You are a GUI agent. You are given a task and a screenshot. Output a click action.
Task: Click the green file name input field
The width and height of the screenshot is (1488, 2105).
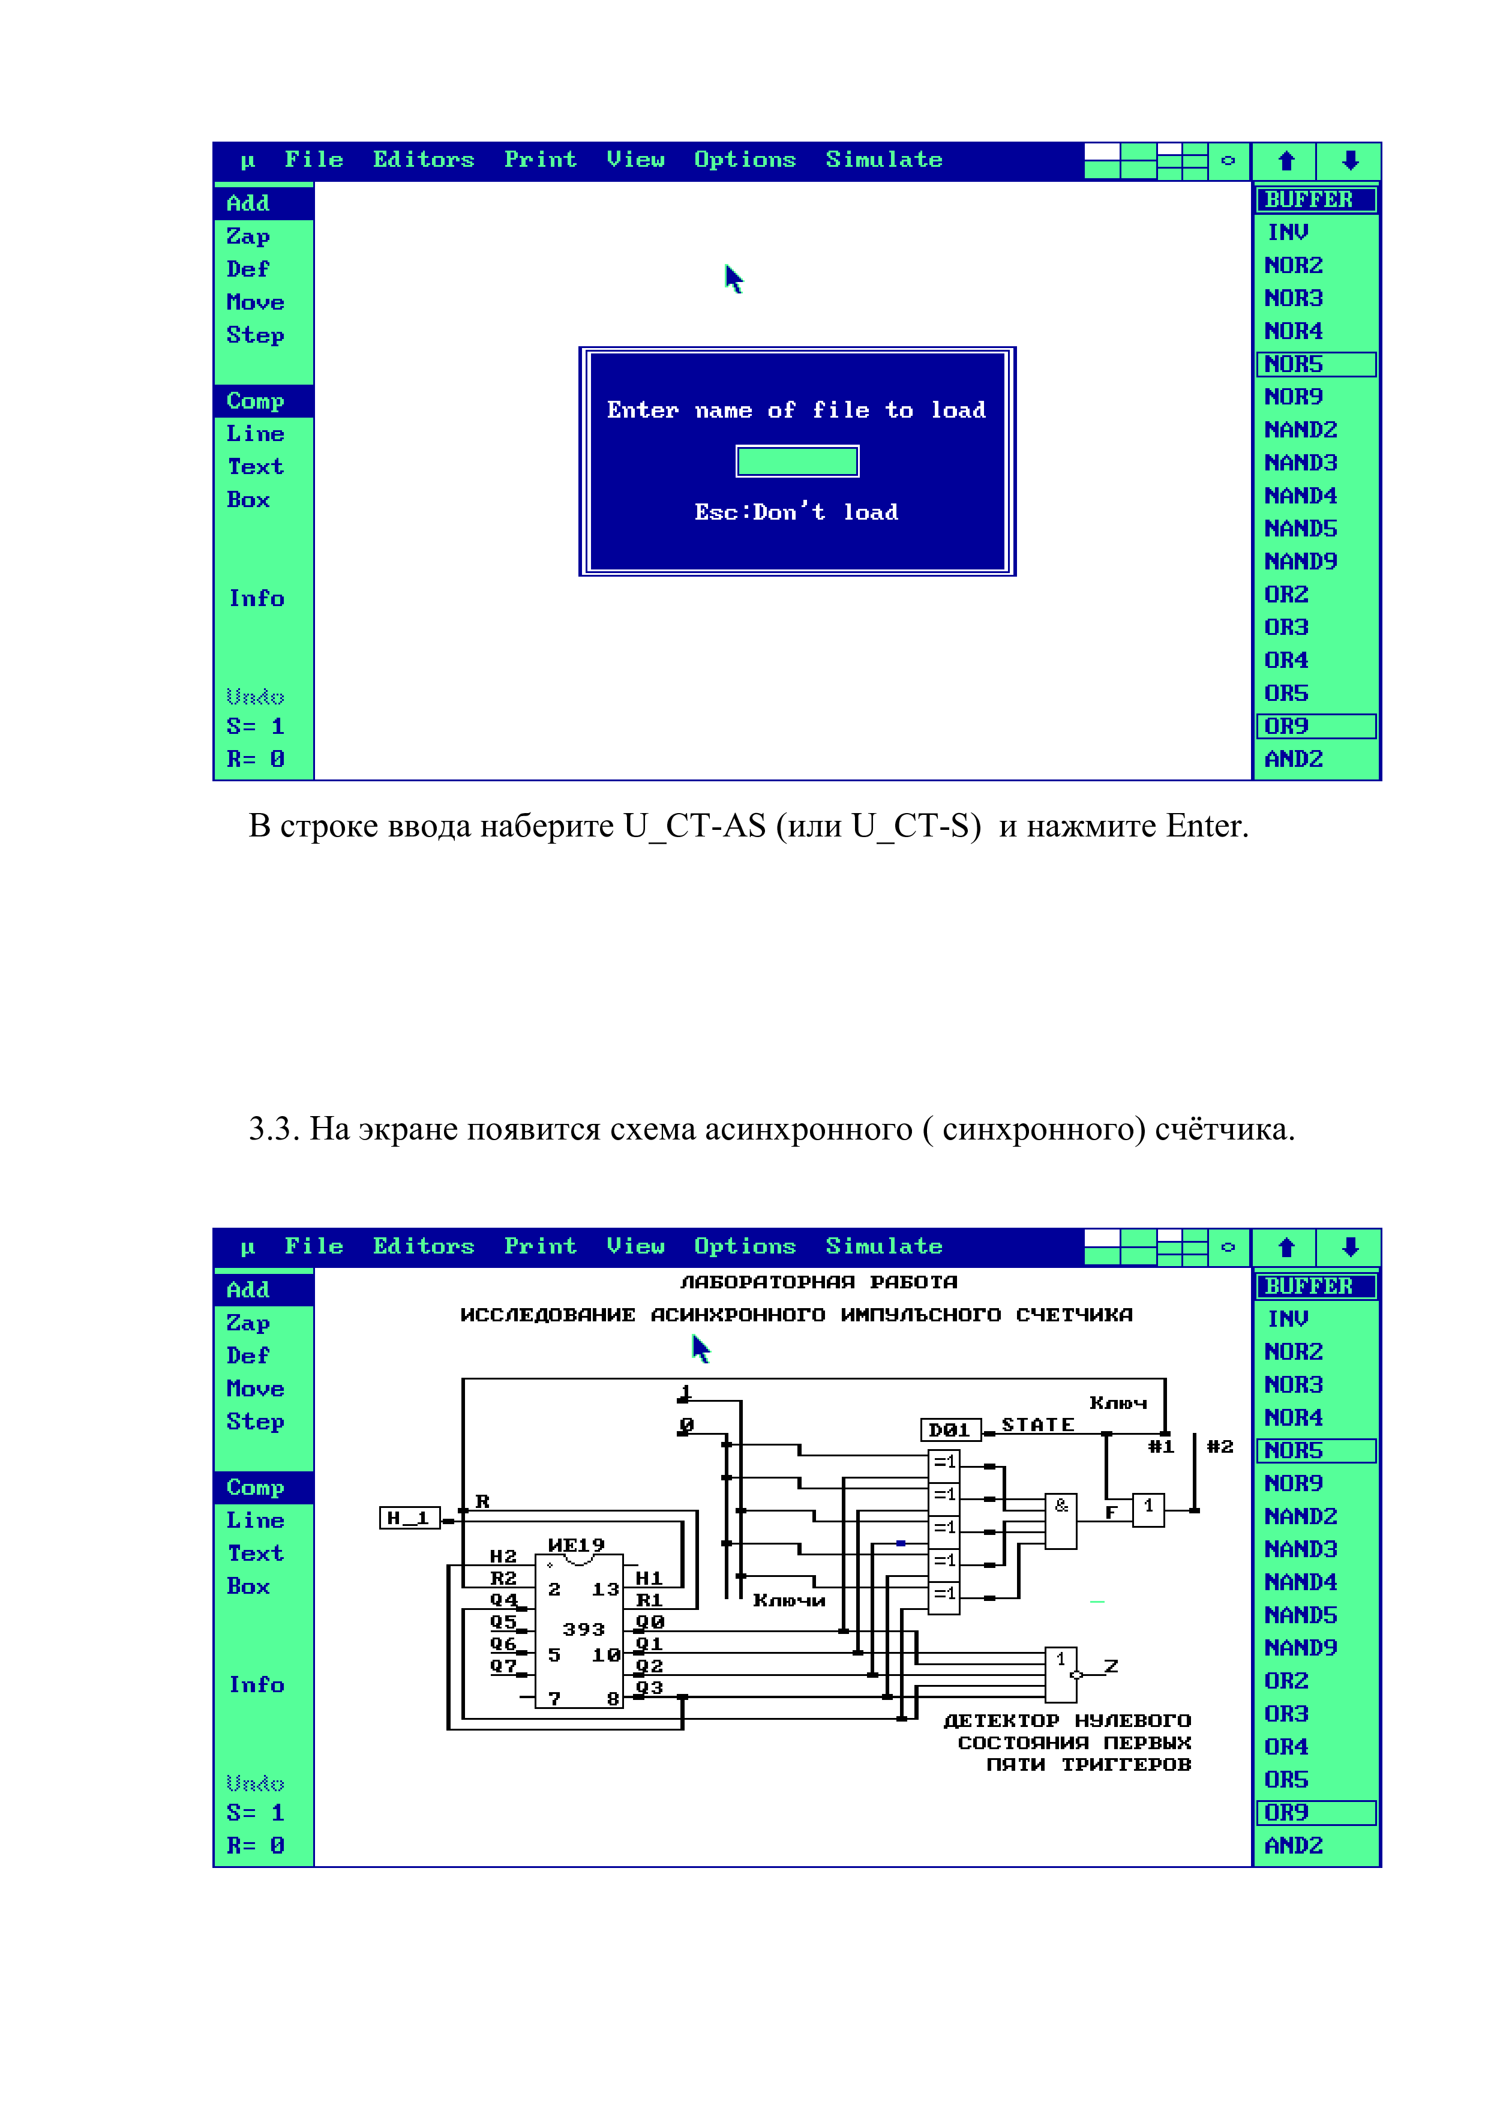point(797,461)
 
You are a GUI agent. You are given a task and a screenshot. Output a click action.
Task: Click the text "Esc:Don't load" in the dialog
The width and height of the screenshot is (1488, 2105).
point(796,512)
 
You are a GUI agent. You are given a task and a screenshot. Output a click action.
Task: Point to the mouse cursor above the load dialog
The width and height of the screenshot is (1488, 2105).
point(733,278)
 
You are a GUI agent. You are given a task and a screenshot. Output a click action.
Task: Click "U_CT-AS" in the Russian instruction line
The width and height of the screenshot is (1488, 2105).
point(694,826)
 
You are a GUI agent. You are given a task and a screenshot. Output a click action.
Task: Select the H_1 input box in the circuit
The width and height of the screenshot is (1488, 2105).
point(410,1518)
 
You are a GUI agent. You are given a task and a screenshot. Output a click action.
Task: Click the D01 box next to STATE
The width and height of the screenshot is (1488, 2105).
point(950,1429)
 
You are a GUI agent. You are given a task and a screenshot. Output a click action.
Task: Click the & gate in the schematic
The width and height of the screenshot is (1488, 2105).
point(1061,1521)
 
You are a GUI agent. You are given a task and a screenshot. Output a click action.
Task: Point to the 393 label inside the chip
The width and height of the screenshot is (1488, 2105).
point(583,1629)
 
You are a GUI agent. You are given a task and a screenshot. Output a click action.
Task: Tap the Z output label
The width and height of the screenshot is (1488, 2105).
point(1111,1665)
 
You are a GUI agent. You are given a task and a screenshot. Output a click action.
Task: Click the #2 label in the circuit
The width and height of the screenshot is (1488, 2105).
point(1219,1447)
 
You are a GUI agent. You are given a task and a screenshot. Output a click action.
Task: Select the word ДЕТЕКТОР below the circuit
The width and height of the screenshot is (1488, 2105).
point(1001,1721)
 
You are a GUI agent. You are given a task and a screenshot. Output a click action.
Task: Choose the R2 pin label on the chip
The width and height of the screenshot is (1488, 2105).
point(503,1578)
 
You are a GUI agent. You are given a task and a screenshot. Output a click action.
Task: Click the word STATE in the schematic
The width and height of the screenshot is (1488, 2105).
point(1037,1425)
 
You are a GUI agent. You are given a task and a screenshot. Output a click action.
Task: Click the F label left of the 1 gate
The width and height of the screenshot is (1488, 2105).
point(1111,1512)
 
